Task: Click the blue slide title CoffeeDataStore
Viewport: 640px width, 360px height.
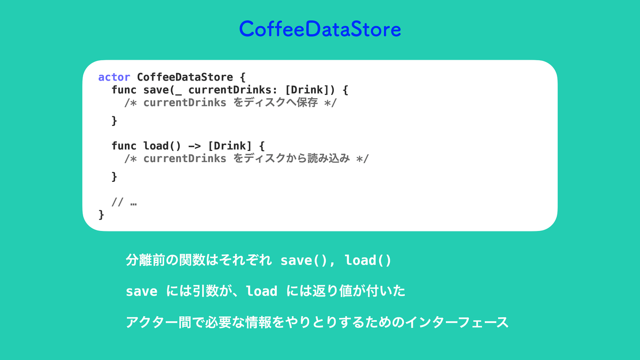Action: click(320, 29)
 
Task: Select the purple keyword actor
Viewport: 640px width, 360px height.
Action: click(114, 77)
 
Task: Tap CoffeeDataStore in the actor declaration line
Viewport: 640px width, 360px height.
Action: click(185, 77)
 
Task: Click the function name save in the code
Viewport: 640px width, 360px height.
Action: click(156, 90)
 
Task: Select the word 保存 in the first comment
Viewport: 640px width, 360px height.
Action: click(307, 102)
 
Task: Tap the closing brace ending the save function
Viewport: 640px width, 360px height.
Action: click(114, 121)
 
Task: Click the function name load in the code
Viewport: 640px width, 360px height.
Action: click(156, 146)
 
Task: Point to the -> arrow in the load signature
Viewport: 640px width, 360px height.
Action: click(195, 146)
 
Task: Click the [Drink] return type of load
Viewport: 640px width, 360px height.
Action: click(230, 146)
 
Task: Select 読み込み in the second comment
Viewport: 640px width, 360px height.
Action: click(329, 158)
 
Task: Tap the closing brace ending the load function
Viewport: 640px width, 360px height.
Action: click(114, 177)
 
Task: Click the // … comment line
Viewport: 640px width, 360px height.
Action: click(124, 202)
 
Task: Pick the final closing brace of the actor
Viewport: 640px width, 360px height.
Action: click(101, 215)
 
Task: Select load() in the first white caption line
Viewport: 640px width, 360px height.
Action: click(368, 260)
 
